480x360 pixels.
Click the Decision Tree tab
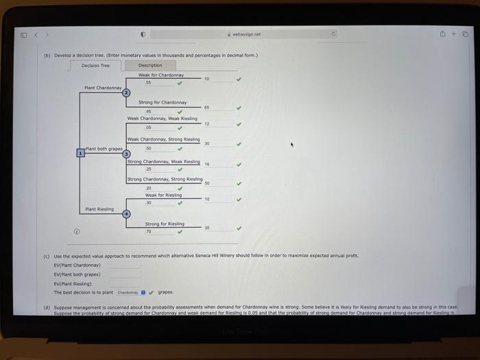pos(95,66)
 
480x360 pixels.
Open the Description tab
pos(150,66)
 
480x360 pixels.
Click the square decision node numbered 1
pos(80,153)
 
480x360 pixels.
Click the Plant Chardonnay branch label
pos(103,88)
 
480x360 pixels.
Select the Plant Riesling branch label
pos(99,208)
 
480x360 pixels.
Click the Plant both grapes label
pos(104,148)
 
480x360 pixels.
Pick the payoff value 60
pos(206,108)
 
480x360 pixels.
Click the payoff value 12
pos(206,124)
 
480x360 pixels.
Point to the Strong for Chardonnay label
pos(163,102)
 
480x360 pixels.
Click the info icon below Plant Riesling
pos(76,231)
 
